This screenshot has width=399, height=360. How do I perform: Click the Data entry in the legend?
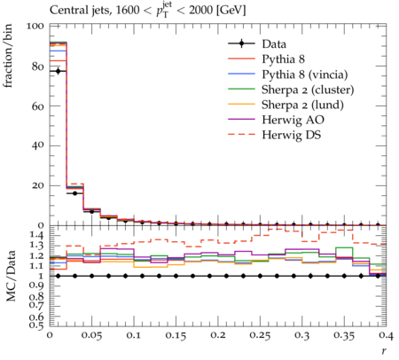click(x=274, y=44)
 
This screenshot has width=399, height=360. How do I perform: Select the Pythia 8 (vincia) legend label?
click(x=305, y=74)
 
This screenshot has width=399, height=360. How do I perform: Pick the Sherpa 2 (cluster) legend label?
click(x=308, y=90)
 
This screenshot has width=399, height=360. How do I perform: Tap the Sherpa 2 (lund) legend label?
click(x=302, y=105)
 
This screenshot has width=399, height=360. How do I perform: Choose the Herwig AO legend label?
click(x=293, y=120)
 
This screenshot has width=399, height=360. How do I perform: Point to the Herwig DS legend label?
click(x=292, y=135)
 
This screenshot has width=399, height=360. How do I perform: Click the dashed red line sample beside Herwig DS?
click(x=241, y=135)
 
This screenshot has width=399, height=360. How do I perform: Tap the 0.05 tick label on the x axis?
click(x=91, y=335)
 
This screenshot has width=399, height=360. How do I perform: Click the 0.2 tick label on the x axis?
click(x=218, y=335)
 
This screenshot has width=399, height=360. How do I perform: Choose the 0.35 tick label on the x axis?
click(x=344, y=335)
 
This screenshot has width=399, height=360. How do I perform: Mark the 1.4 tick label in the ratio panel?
click(x=36, y=235)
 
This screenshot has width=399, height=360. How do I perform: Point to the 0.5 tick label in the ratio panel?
click(x=36, y=325)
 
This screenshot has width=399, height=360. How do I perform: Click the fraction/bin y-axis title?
click(x=8, y=56)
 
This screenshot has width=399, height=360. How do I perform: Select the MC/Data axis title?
click(x=11, y=276)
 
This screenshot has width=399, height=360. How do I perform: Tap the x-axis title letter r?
click(x=384, y=351)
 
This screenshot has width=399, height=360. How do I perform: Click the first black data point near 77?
click(x=58, y=71)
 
